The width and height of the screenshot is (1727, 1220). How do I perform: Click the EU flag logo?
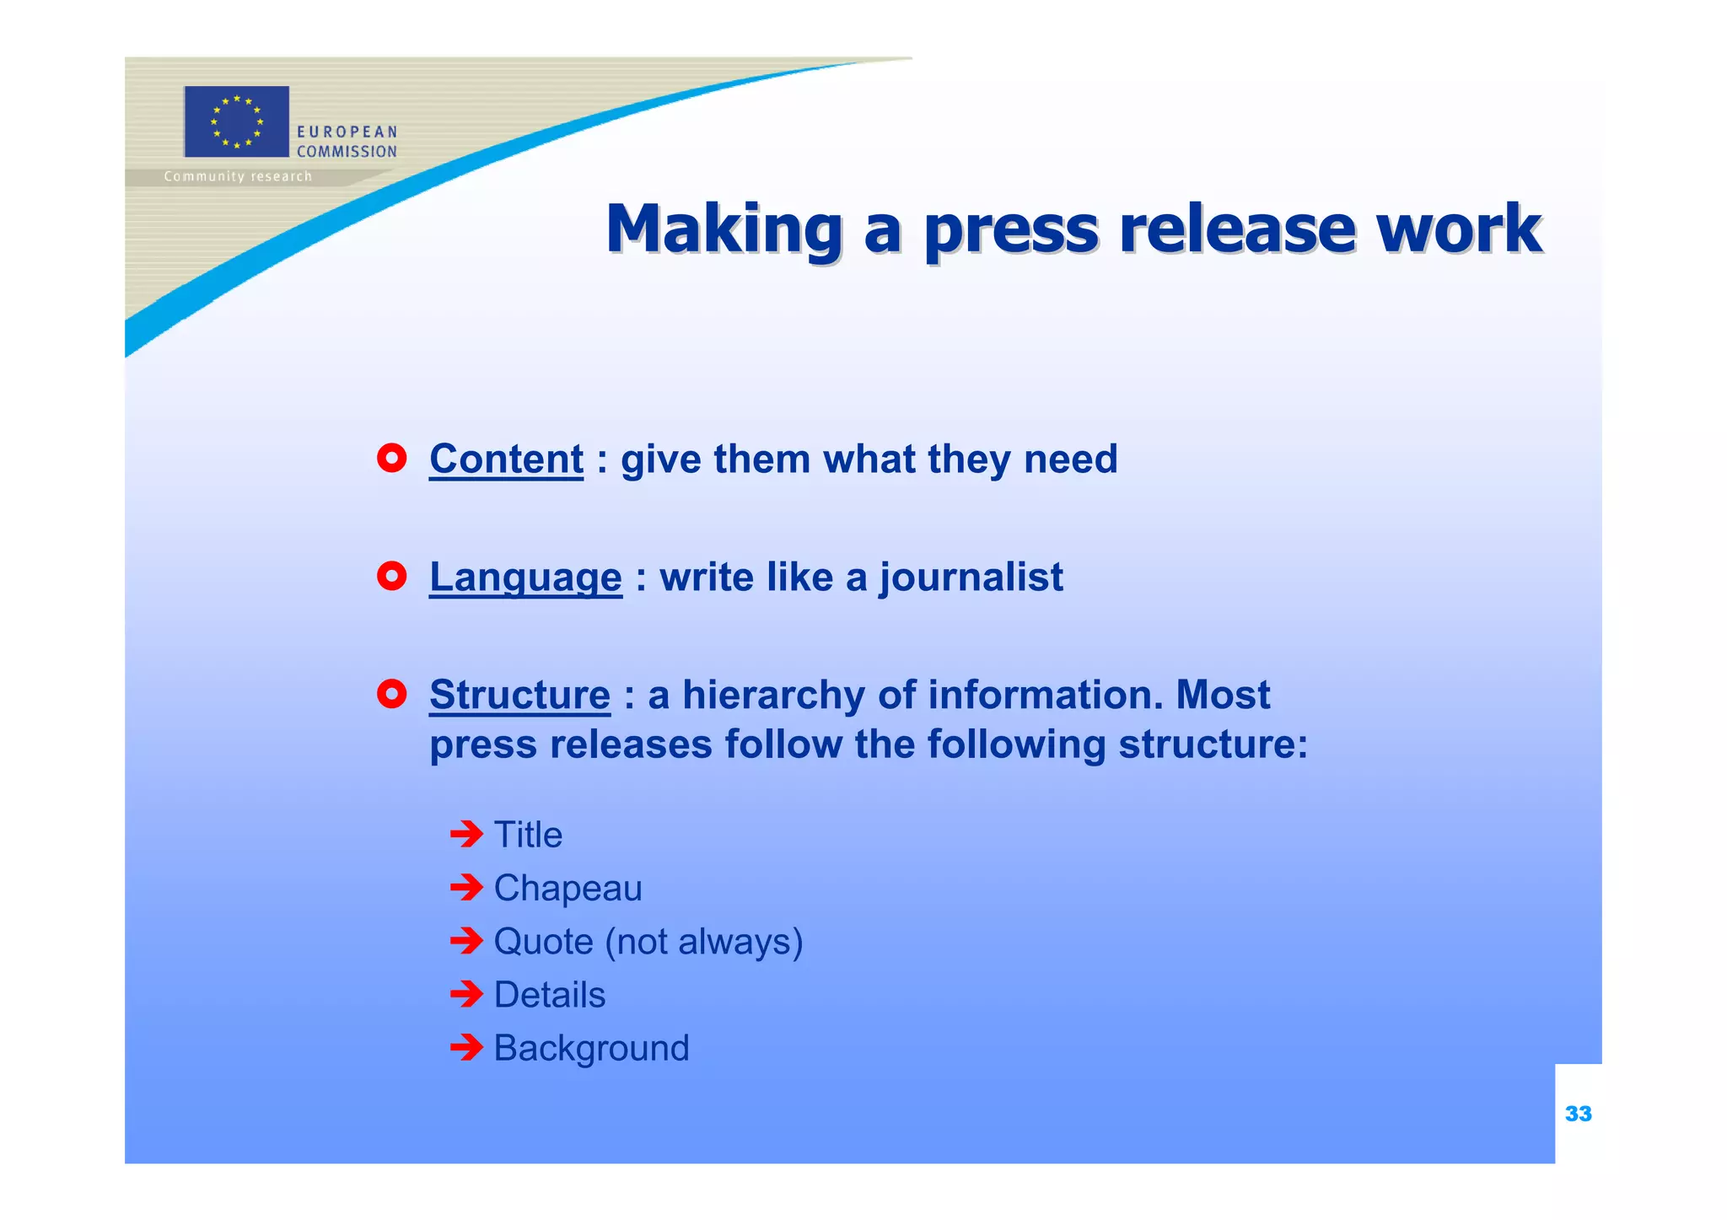click(x=236, y=121)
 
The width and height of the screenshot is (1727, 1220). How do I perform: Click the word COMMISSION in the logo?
click(x=347, y=152)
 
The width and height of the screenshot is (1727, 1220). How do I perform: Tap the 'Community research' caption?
click(x=238, y=176)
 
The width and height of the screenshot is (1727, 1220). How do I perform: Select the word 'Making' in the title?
click(x=724, y=229)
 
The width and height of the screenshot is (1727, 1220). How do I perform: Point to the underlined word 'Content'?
click(x=506, y=460)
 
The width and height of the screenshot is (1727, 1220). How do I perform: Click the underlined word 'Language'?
click(x=525, y=578)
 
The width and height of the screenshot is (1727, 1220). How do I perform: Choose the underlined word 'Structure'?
click(x=519, y=696)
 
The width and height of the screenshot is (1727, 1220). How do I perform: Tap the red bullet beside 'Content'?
click(x=392, y=459)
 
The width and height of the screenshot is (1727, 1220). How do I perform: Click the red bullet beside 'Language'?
click(x=392, y=577)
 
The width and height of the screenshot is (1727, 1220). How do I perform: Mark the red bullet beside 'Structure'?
click(x=392, y=695)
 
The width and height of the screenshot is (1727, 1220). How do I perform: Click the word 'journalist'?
click(x=971, y=578)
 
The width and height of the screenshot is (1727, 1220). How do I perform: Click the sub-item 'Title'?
click(x=528, y=835)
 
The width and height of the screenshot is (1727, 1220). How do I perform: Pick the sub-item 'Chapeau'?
click(x=568, y=888)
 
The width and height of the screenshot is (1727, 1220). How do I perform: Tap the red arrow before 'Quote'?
click(x=466, y=941)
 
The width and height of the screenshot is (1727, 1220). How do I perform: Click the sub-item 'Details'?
click(x=549, y=995)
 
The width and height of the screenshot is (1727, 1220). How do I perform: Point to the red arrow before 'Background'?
click(x=466, y=1048)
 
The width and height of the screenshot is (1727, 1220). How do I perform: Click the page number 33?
click(x=1578, y=1114)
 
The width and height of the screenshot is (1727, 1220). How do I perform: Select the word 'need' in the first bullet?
click(x=1070, y=460)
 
